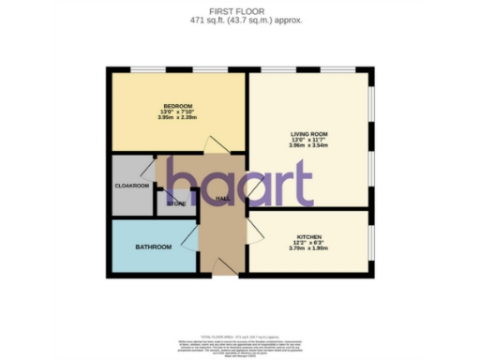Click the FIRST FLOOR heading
click(239, 9)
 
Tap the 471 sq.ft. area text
click(239, 19)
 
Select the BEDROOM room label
click(177, 105)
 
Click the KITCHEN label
click(309, 235)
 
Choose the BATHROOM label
click(153, 247)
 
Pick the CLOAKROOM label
click(132, 186)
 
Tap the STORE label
click(176, 203)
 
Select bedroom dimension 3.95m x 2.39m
click(177, 118)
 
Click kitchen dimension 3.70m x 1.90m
click(309, 248)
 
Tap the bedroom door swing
click(216, 142)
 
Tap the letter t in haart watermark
click(300, 183)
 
